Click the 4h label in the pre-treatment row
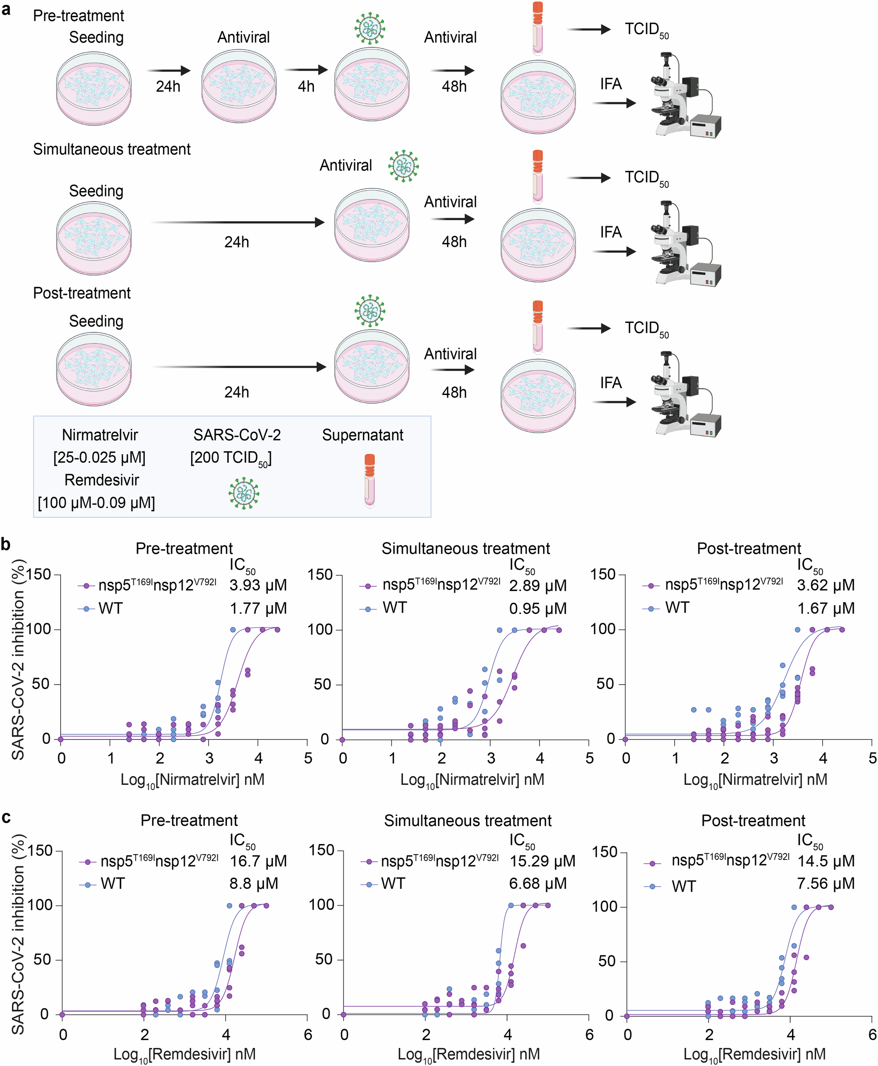click(x=306, y=87)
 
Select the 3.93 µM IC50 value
click(x=258, y=585)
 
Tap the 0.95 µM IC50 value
click(x=538, y=609)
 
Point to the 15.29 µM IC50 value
click(x=542, y=861)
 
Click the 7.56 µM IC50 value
click(x=826, y=883)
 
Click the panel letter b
click(x=6, y=544)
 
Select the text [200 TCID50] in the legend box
click(x=231, y=458)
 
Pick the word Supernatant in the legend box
click(x=363, y=435)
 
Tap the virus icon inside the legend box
click(x=244, y=493)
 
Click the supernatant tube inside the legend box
click(x=370, y=480)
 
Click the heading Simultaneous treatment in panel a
click(x=112, y=149)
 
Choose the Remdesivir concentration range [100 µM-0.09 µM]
click(x=96, y=503)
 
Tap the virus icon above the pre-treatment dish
click(x=370, y=28)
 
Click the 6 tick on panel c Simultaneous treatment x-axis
click(x=589, y=1035)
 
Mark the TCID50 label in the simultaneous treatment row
click(x=646, y=178)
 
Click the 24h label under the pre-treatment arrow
click(x=168, y=87)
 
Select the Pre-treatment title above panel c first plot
click(x=189, y=820)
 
